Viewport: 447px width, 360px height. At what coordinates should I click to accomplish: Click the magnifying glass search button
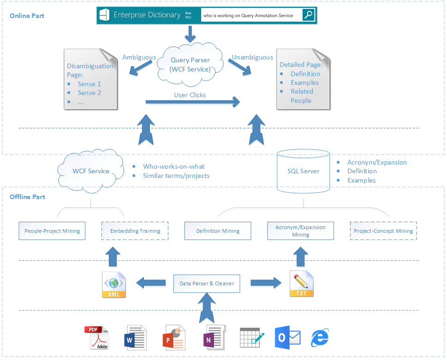point(309,15)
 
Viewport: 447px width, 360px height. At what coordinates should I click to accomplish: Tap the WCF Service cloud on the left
point(91,171)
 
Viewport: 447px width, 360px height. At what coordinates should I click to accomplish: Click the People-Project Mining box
point(52,231)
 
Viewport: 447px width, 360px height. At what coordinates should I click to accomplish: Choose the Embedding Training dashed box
point(135,231)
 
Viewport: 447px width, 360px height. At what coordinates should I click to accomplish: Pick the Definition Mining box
point(218,231)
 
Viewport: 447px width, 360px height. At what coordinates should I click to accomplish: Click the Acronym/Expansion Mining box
point(300,231)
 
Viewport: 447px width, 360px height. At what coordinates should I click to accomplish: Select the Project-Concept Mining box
point(383,231)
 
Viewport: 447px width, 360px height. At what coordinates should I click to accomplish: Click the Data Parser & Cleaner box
point(207,283)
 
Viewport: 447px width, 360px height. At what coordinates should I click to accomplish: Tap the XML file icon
point(113,284)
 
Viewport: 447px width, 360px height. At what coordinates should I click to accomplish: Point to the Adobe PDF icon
point(96,338)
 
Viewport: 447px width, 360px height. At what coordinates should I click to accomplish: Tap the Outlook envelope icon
point(287,338)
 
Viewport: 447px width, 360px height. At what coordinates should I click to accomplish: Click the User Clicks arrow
point(193,102)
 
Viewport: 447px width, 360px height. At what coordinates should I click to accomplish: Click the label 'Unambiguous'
point(252,57)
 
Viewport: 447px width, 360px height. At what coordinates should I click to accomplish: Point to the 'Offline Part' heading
point(28,197)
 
